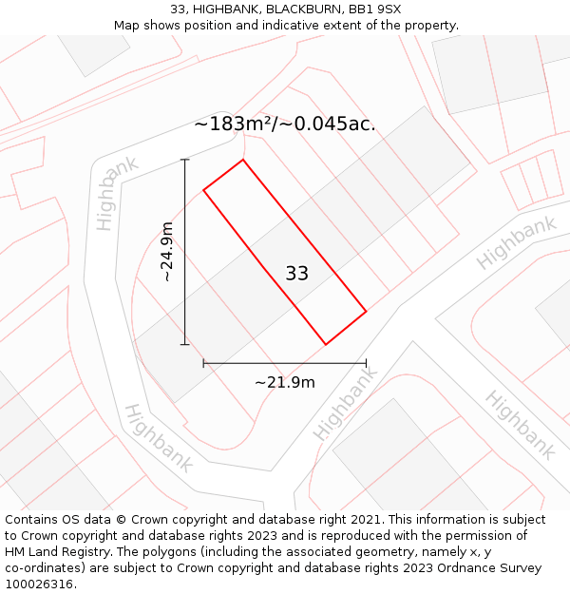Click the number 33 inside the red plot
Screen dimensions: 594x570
coord(296,274)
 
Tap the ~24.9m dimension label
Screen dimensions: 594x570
coord(167,252)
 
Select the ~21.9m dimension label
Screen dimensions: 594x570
coord(285,382)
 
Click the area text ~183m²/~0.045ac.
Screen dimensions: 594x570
coord(285,125)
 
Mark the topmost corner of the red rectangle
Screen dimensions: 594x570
coord(243,160)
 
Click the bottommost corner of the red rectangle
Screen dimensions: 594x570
coord(326,344)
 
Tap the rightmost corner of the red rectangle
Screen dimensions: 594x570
coord(367,311)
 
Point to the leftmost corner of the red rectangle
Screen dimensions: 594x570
coord(203,190)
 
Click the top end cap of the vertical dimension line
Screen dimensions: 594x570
coord(185,160)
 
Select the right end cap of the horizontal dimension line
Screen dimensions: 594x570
coord(366,363)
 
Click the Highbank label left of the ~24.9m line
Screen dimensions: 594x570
coord(117,193)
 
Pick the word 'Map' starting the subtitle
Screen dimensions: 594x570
coord(127,26)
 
